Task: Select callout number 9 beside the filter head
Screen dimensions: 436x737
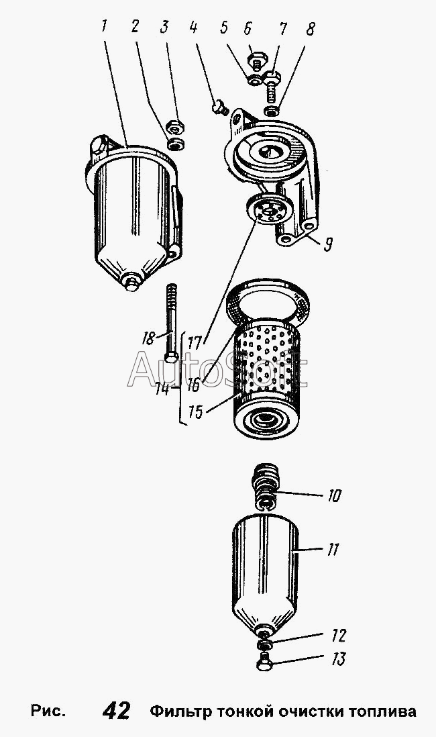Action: (x=328, y=243)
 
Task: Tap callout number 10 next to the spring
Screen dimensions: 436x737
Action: (x=333, y=496)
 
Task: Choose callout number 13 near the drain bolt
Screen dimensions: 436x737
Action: (x=337, y=659)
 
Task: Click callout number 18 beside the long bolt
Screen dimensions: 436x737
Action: (x=148, y=338)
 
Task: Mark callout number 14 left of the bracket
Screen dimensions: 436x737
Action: (x=162, y=389)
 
